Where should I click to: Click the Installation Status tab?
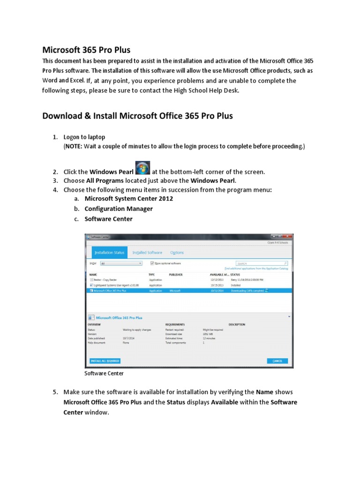(x=110, y=253)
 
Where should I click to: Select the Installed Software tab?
(x=147, y=253)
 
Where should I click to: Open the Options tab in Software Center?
(x=177, y=253)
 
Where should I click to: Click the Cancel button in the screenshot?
(x=277, y=360)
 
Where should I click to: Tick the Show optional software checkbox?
(x=152, y=263)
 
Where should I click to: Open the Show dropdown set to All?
(x=120, y=263)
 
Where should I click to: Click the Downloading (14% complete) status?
(x=247, y=291)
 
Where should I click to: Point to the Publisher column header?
(x=176, y=274)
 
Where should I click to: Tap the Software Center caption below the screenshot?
(x=104, y=374)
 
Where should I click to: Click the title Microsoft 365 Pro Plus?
(x=86, y=50)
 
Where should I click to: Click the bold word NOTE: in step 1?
(x=74, y=147)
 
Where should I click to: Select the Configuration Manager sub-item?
(x=119, y=209)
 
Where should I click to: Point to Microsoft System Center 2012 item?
(x=128, y=198)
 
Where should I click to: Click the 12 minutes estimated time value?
(x=209, y=338)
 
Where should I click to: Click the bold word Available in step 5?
(x=225, y=402)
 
